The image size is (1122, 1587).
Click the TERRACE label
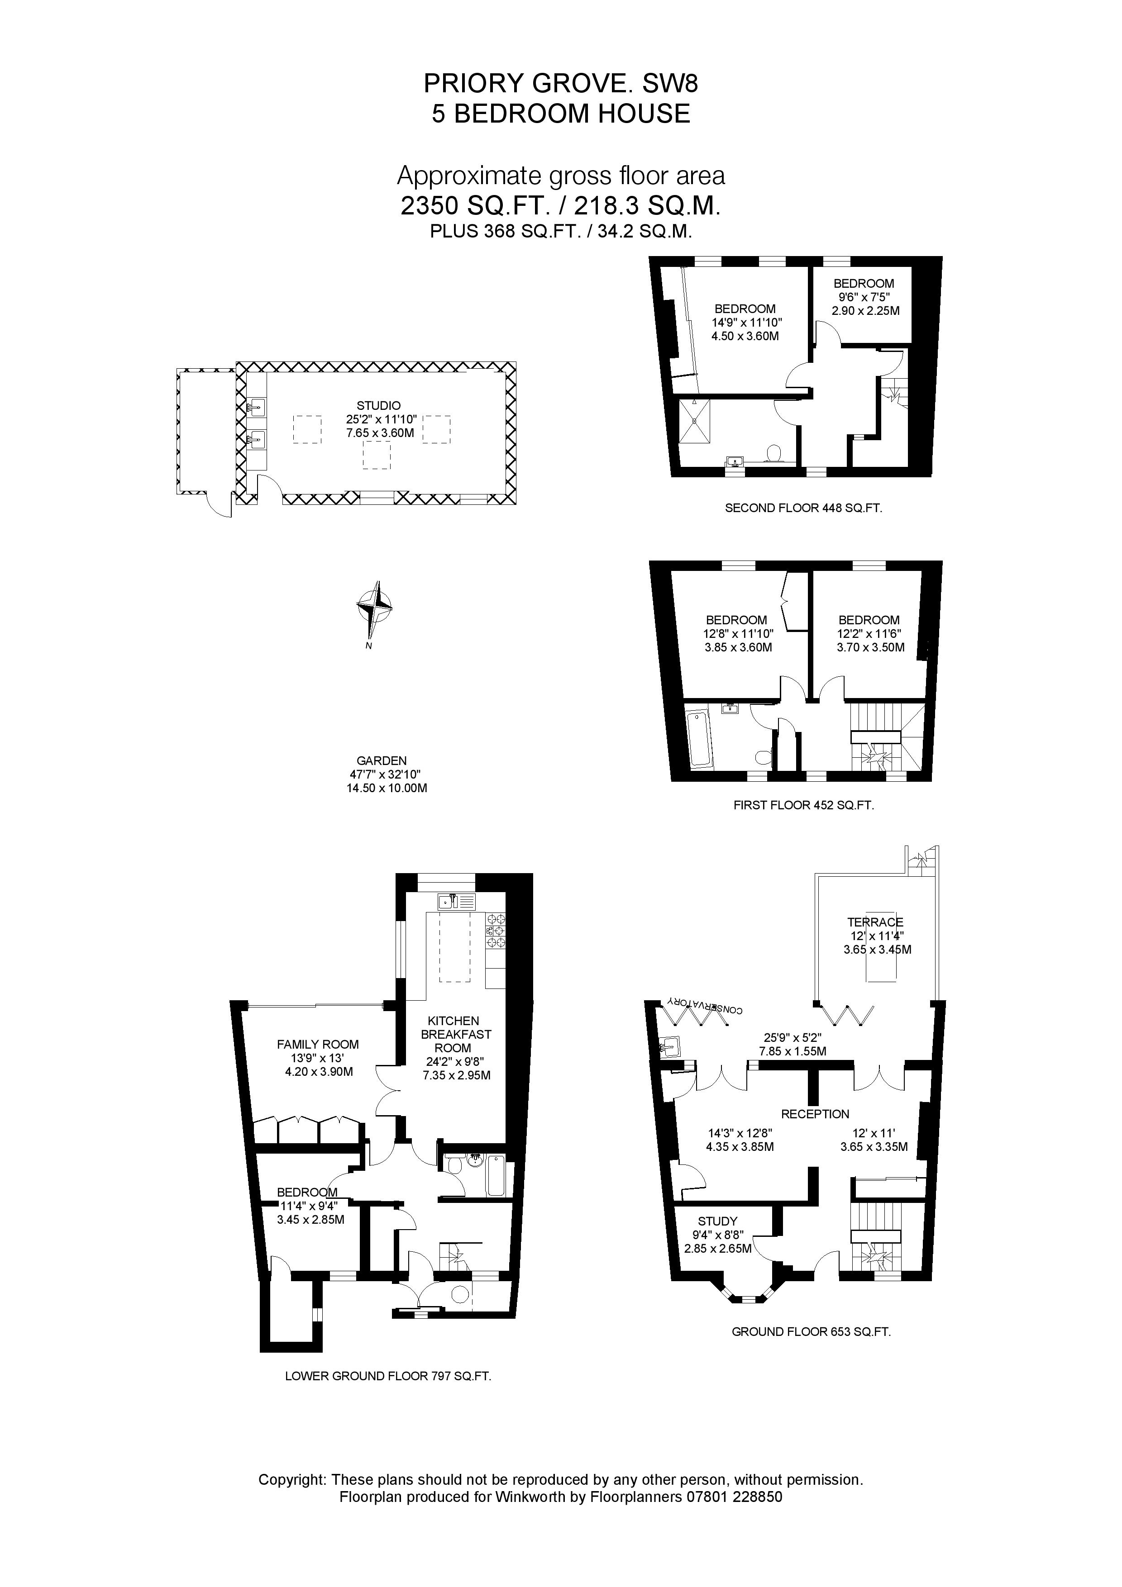[x=875, y=922]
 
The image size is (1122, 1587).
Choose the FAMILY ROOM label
[x=318, y=1045]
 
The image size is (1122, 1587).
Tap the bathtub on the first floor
[x=700, y=740]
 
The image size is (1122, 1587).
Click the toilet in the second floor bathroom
[x=774, y=453]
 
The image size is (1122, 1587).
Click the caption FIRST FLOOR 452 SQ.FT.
[x=803, y=805]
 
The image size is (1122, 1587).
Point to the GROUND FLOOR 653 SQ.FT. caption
[x=811, y=1332]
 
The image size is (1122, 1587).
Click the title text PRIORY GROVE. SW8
[x=561, y=84]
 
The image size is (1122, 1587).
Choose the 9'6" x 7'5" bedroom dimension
[x=864, y=297]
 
